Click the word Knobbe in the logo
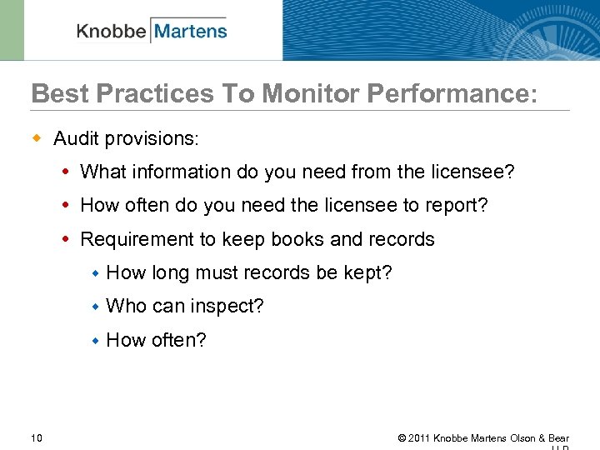pyautogui.click(x=112, y=32)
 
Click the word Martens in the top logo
pyautogui.click(x=190, y=32)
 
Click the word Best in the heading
pyautogui.click(x=57, y=94)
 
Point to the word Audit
pyautogui.click(x=76, y=138)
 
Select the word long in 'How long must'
pyautogui.click(x=170, y=272)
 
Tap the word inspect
pyautogui.click(x=226, y=307)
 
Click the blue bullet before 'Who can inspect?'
pyautogui.click(x=96, y=307)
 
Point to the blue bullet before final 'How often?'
pyautogui.click(x=96, y=340)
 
